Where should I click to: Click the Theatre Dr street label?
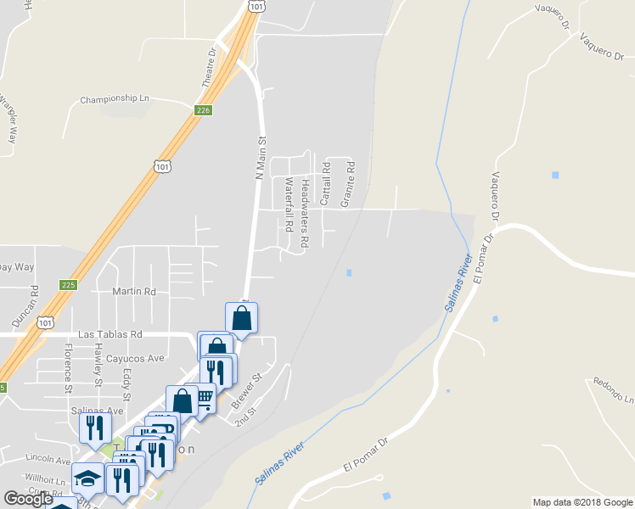209,67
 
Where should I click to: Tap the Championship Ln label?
115,99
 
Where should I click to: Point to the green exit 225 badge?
69,285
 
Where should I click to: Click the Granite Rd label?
347,184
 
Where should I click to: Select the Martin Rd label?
134,291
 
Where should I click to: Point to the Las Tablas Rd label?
110,334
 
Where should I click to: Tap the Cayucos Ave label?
135,358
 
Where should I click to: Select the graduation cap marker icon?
87,479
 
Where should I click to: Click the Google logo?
28,499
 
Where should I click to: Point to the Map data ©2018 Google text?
582,502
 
